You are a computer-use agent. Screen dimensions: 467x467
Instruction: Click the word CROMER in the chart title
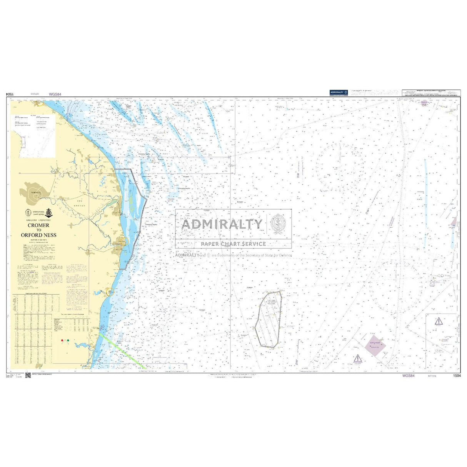[x=38, y=225]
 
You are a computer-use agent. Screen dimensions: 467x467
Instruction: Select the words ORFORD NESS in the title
[x=38, y=235]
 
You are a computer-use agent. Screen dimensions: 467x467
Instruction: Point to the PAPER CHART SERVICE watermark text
[x=233, y=244]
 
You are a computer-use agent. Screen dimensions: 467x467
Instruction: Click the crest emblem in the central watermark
[x=278, y=224]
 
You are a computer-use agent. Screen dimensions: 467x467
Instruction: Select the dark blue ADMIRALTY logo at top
[x=339, y=92]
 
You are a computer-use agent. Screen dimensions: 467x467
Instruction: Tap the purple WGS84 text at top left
[x=55, y=94]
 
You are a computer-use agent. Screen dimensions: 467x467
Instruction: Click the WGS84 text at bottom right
[x=408, y=376]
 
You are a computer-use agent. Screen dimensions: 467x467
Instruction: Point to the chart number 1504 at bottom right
[x=457, y=376]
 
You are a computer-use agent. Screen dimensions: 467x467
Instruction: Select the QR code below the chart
[x=28, y=375]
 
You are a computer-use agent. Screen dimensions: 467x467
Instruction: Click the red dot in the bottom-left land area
[x=62, y=341]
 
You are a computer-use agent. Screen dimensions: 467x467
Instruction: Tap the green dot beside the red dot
[x=68, y=341]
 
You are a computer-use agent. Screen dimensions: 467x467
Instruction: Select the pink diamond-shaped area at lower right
[x=375, y=346]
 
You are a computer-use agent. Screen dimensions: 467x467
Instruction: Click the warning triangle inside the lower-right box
[x=438, y=321]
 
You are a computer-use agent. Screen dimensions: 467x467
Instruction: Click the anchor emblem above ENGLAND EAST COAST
[x=48, y=213]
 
